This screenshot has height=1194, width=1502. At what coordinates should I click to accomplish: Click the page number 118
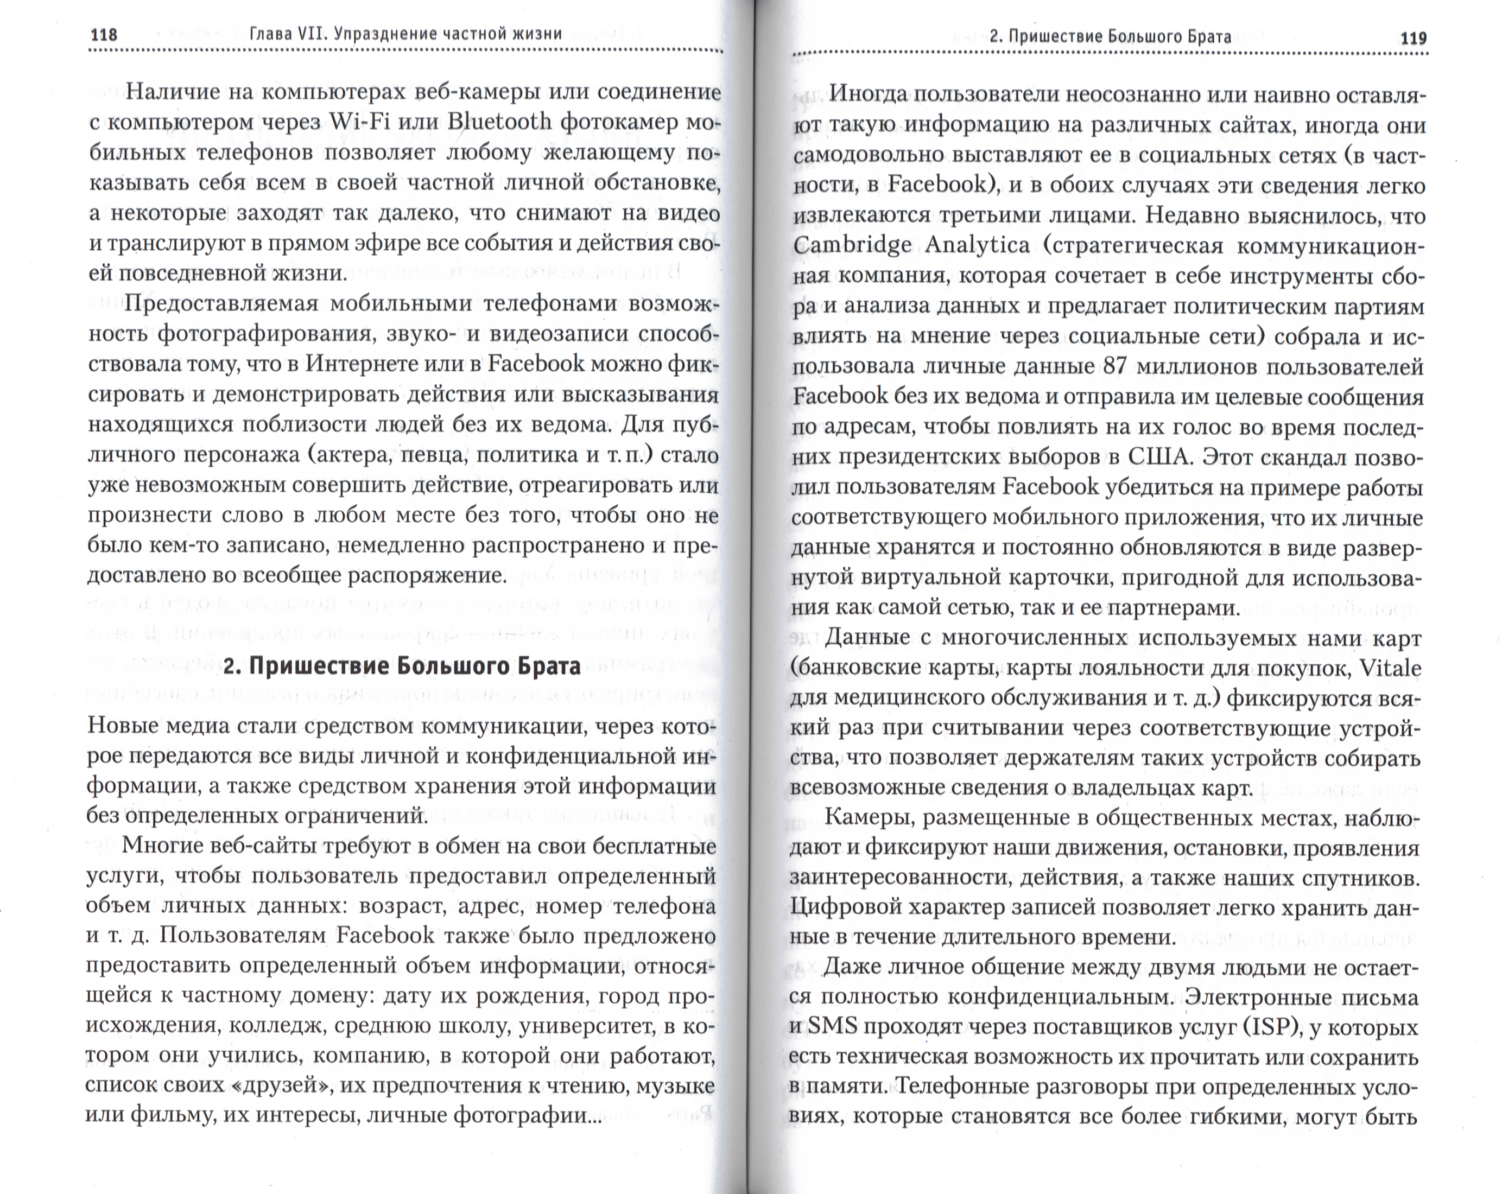tap(104, 35)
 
